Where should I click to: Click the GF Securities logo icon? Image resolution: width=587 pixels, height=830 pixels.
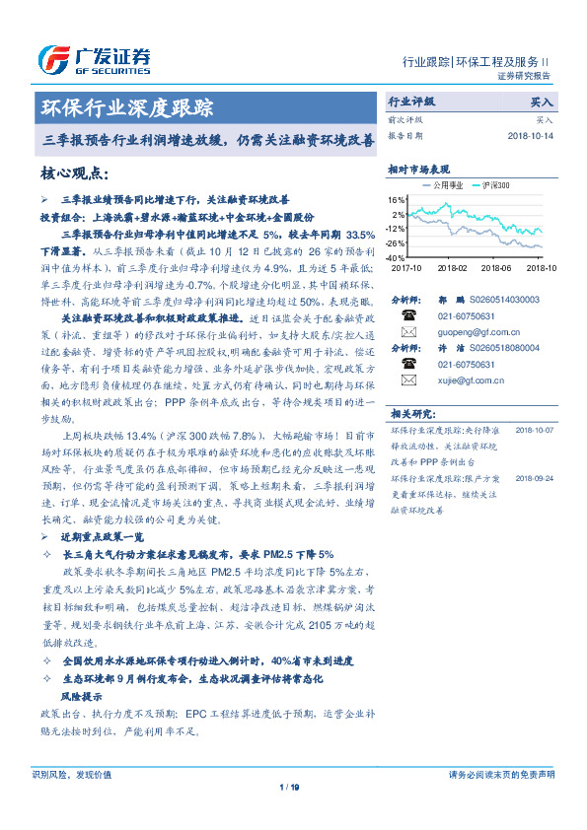tap(53, 56)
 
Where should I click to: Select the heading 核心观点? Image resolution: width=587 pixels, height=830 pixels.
tap(75, 174)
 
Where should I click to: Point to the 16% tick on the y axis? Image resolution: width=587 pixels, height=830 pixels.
tap(398, 199)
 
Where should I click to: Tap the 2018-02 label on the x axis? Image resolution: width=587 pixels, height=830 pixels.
tap(452, 267)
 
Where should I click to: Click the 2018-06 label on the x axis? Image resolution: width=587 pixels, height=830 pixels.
tap(498, 267)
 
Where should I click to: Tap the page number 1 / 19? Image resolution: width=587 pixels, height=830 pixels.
tap(290, 787)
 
